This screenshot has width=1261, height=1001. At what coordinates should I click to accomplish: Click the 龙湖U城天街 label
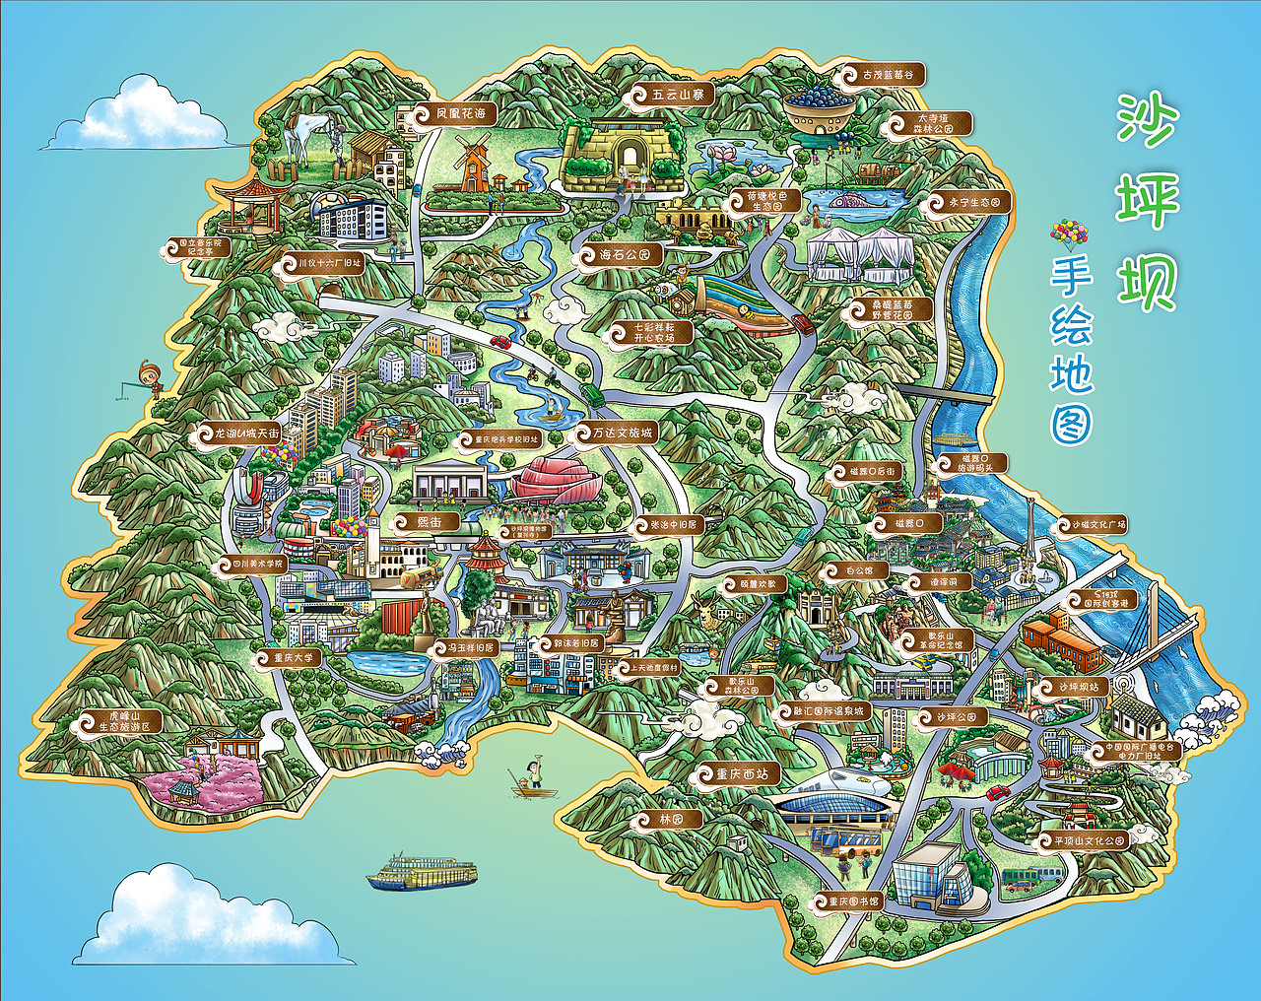tap(239, 433)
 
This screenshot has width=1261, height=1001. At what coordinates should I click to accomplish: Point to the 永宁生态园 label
tap(970, 202)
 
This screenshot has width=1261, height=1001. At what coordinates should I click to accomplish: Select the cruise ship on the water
tap(421, 873)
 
